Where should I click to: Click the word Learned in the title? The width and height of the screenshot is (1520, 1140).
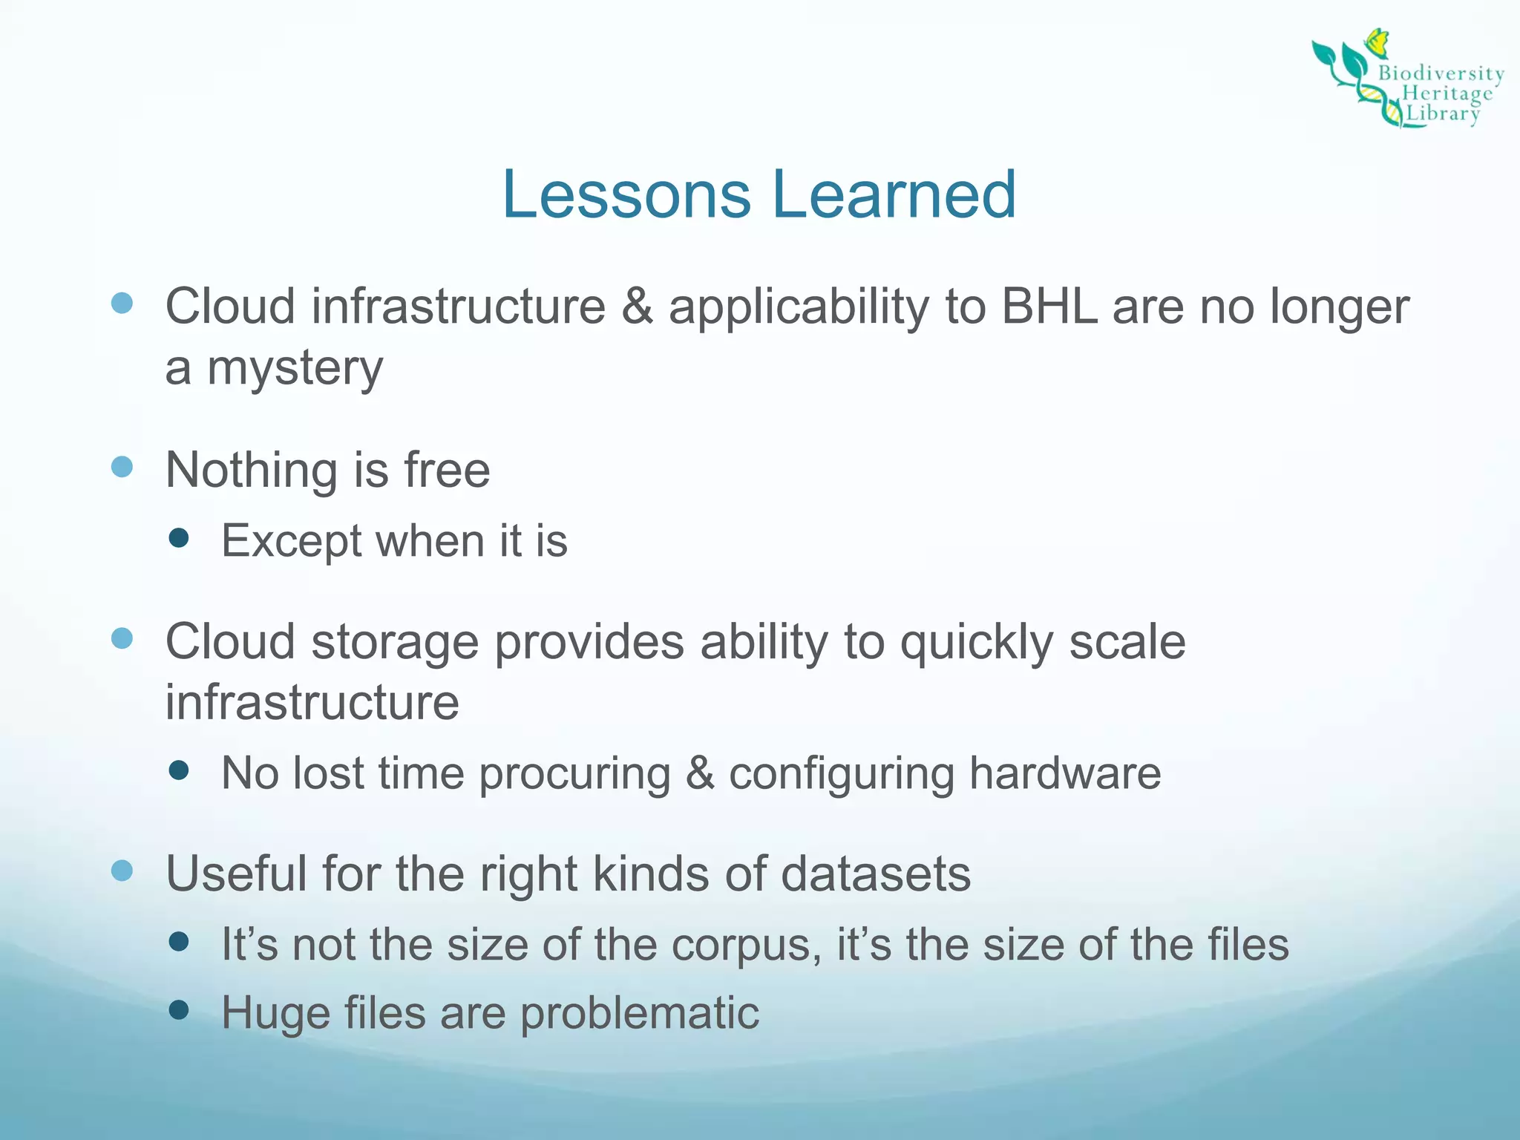point(894,194)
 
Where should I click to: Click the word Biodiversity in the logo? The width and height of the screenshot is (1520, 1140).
point(1441,73)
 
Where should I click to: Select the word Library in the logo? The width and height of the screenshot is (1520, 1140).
point(1443,114)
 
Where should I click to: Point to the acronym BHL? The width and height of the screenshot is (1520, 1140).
point(1049,306)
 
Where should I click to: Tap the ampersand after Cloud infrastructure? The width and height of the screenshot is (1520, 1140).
point(637,306)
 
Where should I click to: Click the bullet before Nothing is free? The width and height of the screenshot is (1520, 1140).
point(122,467)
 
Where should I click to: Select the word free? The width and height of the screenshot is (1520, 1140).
point(447,470)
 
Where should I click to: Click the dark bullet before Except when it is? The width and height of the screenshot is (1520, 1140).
point(179,537)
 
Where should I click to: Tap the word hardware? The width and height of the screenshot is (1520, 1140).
point(1064,773)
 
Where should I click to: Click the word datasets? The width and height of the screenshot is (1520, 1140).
point(875,874)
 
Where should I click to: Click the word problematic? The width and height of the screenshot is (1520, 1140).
point(639,1013)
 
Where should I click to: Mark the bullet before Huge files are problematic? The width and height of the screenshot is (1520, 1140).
point(179,1009)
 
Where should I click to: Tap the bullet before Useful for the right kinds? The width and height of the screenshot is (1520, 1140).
point(122,871)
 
